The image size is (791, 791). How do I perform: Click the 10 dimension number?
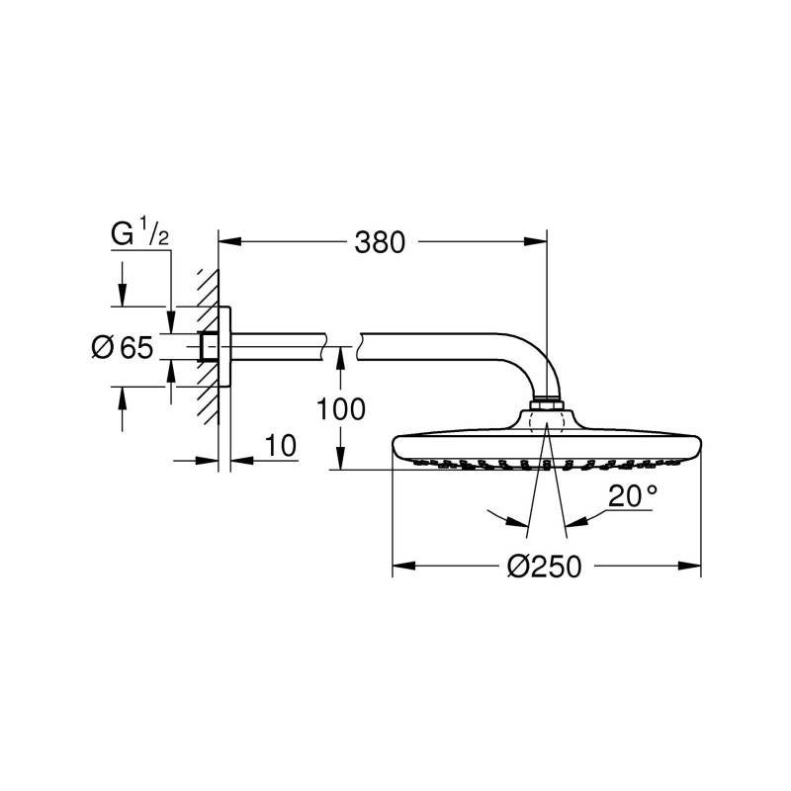click(x=281, y=446)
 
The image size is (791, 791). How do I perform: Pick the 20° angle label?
click(x=632, y=496)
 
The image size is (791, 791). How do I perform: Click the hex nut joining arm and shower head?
click(x=547, y=404)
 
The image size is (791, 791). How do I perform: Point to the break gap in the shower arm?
click(x=341, y=345)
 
